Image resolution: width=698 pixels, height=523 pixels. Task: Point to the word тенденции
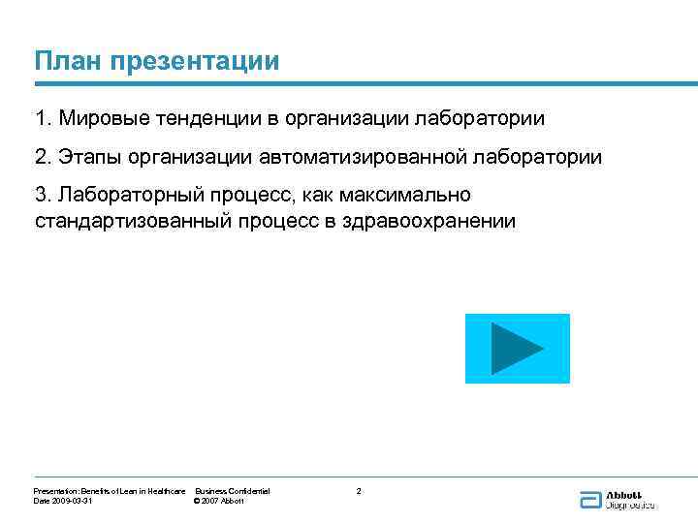(203, 119)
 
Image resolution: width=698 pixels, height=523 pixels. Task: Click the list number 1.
(40, 119)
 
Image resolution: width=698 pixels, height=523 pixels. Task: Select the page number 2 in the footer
(359, 492)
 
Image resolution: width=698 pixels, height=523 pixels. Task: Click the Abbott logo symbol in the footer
(590, 500)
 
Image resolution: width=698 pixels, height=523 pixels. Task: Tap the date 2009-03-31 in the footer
(72, 501)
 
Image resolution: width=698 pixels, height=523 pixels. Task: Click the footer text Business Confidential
(233, 492)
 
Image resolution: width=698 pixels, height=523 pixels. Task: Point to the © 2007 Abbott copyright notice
(220, 501)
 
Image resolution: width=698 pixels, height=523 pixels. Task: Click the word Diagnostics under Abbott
(631, 505)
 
